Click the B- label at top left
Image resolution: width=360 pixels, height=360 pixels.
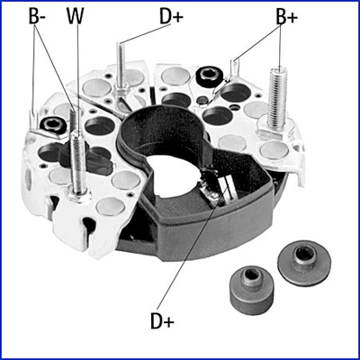(37, 17)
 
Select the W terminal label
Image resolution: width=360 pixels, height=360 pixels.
(75, 17)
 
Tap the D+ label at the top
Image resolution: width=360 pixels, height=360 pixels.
(171, 17)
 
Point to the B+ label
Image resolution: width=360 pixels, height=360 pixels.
(287, 17)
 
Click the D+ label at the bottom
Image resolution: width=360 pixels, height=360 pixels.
(162, 321)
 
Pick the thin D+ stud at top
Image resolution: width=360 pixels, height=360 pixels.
(121, 65)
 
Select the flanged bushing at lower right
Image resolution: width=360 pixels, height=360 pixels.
(304, 263)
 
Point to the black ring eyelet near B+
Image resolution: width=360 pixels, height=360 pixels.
(209, 75)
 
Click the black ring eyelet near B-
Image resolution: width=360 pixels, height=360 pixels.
(52, 123)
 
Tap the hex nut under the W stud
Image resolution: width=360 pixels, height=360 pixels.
(79, 195)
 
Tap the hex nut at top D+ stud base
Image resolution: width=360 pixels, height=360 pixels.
(121, 89)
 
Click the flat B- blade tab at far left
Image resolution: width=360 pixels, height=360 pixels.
(33, 119)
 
